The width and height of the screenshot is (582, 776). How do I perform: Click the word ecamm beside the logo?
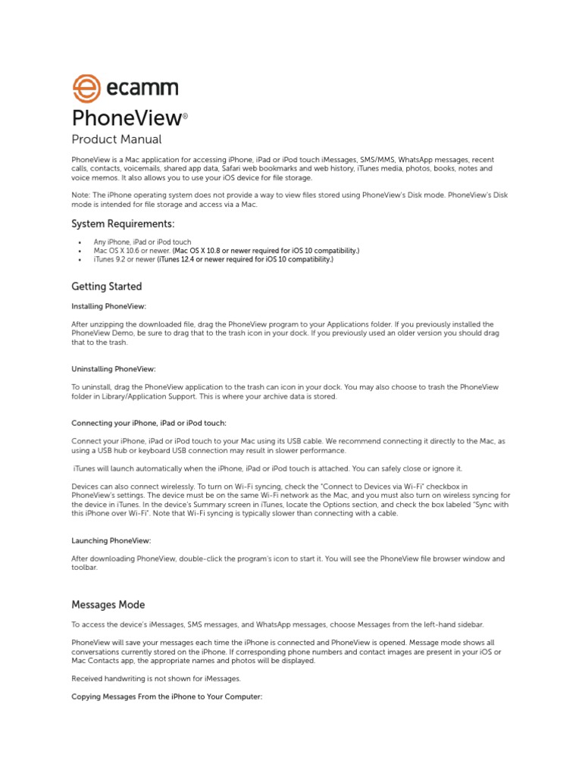(x=140, y=89)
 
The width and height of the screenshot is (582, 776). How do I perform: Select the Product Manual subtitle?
(x=116, y=139)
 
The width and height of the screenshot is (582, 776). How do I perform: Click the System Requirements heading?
(x=123, y=224)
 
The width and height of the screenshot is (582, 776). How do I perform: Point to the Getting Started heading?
(x=106, y=287)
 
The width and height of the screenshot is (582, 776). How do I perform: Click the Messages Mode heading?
(x=108, y=605)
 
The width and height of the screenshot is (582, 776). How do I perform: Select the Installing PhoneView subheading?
(x=108, y=306)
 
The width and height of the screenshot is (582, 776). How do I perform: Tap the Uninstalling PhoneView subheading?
(x=113, y=369)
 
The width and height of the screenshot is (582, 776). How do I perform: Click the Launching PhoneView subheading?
(x=111, y=541)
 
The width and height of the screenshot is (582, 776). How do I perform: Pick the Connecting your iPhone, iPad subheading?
(x=149, y=423)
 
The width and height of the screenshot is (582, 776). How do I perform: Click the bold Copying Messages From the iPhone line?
(x=167, y=696)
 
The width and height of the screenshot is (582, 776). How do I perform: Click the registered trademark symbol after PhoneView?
(x=185, y=116)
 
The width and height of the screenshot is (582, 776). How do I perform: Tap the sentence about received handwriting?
(x=157, y=678)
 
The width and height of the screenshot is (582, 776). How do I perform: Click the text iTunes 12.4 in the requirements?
(x=182, y=260)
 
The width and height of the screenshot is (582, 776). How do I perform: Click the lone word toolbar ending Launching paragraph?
(x=84, y=568)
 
